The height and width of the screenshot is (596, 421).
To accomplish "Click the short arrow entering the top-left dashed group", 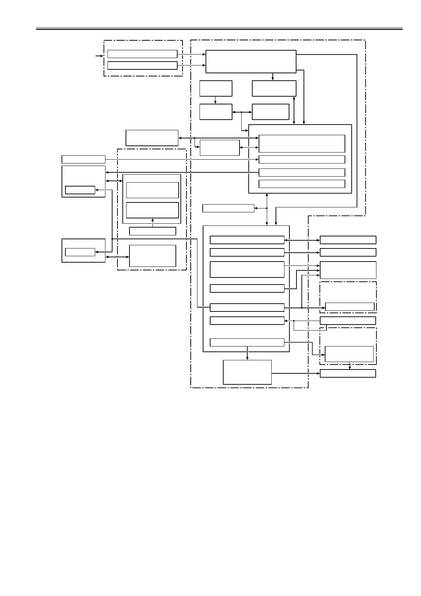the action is click(x=99, y=56).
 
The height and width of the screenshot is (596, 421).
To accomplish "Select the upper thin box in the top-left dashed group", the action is click(x=142, y=54).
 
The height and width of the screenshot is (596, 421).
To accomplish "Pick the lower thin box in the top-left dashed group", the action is click(x=142, y=65).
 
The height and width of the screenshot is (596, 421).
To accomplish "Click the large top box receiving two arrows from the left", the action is click(x=251, y=62).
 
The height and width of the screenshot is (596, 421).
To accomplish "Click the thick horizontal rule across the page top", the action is click(x=219, y=29).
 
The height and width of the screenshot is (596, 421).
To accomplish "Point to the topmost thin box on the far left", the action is click(x=83, y=159).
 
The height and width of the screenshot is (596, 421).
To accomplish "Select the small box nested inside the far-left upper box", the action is click(x=80, y=190).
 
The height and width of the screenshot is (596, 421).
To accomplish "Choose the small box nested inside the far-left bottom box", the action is click(x=80, y=252).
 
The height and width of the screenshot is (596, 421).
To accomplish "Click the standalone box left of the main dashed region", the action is click(x=152, y=138).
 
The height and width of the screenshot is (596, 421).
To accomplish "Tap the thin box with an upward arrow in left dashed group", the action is click(x=152, y=231).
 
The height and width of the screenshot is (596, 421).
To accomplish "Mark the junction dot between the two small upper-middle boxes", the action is click(x=241, y=112).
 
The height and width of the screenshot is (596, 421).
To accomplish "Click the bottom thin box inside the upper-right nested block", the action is click(x=302, y=184).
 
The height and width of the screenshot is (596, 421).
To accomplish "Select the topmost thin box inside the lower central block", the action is click(x=247, y=240).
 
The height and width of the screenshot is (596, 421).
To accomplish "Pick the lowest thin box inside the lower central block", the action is click(x=247, y=342).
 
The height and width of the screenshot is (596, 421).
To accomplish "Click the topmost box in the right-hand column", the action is click(x=348, y=240).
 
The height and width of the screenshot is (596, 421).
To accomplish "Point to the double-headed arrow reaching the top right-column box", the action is click(x=302, y=240).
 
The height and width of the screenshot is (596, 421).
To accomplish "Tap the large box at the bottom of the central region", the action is click(x=247, y=372).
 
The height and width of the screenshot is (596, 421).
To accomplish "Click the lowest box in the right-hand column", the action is click(x=348, y=373).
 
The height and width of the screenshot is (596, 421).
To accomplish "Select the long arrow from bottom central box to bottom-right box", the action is click(x=296, y=373).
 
